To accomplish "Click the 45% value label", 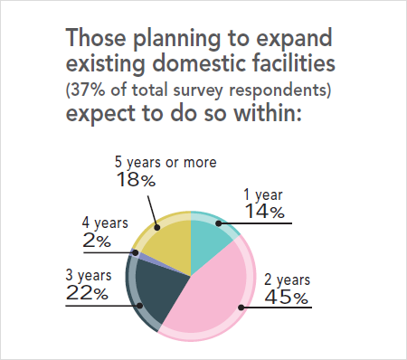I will click(287, 297).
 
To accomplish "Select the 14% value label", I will click(265, 213).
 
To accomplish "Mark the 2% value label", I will click(97, 241).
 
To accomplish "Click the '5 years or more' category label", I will click(166, 162).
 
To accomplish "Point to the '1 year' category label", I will click(265, 195).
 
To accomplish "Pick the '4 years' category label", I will click(104, 223).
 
